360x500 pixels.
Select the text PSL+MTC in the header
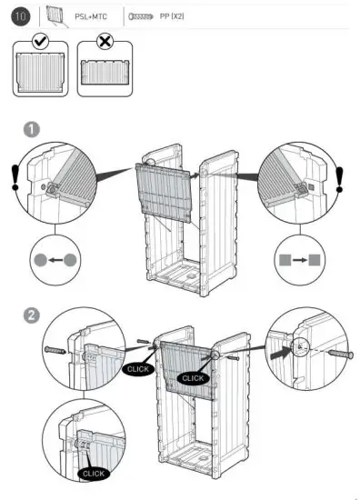[91, 16]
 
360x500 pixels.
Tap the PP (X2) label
[172, 16]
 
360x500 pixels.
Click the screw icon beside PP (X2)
[143, 16]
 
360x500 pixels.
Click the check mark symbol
[40, 43]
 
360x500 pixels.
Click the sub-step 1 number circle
[31, 129]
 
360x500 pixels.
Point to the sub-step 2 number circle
[31, 315]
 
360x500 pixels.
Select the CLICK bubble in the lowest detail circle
[93, 473]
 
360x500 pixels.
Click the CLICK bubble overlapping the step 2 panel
[193, 377]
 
